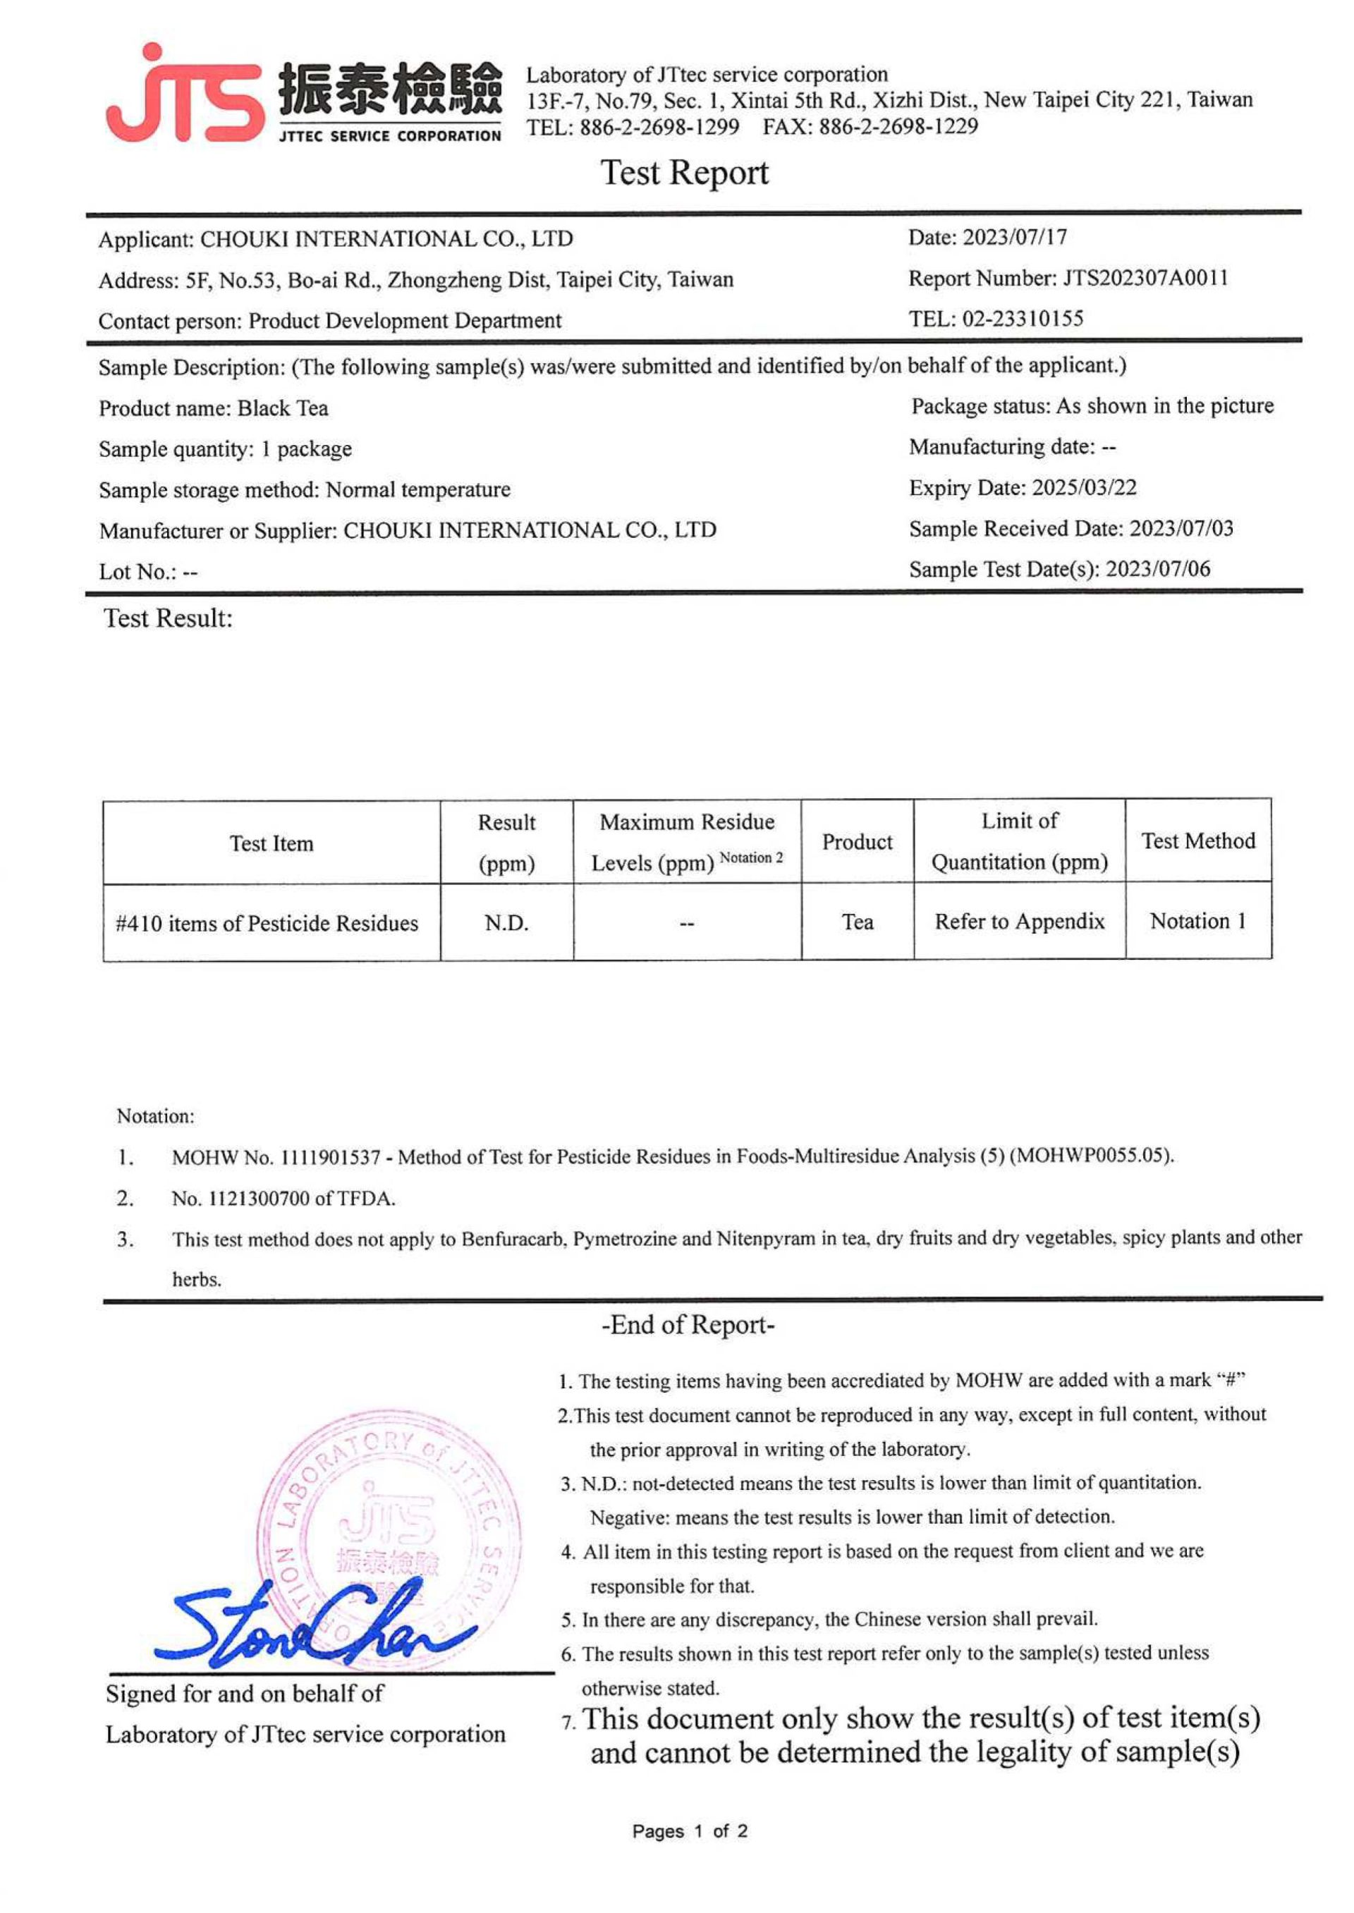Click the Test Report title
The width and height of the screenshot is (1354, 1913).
point(685,173)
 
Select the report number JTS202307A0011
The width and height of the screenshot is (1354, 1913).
point(1145,278)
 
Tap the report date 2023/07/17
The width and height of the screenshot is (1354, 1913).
point(1015,238)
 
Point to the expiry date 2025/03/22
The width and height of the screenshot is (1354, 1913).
point(1084,488)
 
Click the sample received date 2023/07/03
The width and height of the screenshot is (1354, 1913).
point(1181,528)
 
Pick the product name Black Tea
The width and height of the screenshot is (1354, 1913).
point(283,408)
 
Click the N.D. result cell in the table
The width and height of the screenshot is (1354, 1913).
point(506,923)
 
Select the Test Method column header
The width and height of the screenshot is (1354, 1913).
point(1198,841)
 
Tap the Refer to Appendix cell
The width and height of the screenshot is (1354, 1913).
point(1019,921)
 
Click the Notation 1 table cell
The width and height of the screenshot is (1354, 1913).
point(1198,921)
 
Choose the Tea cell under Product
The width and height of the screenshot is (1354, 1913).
point(857,922)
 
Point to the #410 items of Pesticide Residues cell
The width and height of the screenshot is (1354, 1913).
point(267,924)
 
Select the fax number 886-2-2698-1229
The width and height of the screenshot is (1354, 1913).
point(898,127)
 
